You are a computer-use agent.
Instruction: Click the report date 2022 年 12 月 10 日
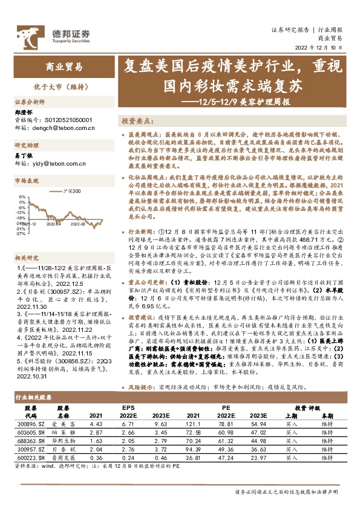coord(323,47)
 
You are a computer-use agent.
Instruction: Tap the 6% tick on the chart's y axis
coord(22,196)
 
